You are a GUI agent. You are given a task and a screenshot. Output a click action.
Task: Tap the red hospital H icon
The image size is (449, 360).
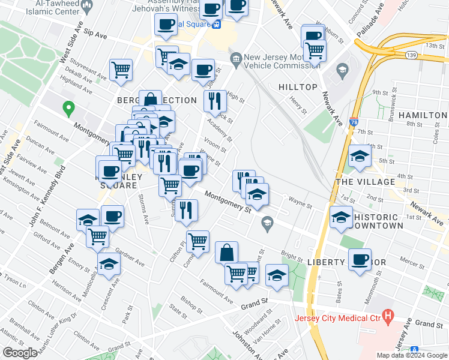(x=388, y=314)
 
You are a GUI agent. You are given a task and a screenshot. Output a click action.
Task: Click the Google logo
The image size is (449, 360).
(x=20, y=352)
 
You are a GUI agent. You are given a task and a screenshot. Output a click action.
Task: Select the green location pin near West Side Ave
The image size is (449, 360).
(x=68, y=109)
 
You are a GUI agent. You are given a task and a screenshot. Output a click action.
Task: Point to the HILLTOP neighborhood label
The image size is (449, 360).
(x=298, y=87)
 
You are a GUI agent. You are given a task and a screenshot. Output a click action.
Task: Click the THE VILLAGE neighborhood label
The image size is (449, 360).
(x=365, y=182)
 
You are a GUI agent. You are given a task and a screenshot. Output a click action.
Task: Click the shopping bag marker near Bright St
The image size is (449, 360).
(x=227, y=253)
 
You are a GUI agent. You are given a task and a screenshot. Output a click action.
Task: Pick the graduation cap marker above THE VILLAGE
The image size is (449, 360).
(x=360, y=157)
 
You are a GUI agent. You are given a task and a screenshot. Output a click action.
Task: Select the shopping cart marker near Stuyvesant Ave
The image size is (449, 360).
(x=121, y=70)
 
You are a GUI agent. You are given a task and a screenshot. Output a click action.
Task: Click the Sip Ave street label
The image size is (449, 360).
(x=95, y=35)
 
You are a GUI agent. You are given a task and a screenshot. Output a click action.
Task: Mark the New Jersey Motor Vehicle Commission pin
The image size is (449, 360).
(x=236, y=59)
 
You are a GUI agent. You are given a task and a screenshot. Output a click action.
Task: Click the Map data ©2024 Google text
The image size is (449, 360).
(x=411, y=355)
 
